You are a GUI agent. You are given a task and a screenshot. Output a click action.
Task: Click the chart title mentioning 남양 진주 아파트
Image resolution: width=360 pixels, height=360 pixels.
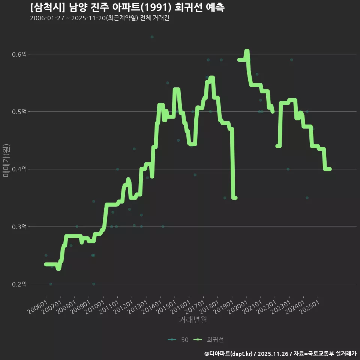click(x=127, y=7)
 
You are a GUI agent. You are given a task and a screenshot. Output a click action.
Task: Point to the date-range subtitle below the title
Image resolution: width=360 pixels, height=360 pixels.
click(x=99, y=18)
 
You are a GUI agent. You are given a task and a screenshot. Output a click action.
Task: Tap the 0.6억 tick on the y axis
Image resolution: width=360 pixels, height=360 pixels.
click(x=19, y=54)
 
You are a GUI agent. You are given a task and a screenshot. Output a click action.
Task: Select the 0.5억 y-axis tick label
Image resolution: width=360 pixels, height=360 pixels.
click(x=19, y=112)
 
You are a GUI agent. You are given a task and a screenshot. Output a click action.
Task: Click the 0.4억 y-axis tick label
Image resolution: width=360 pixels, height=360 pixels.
click(x=19, y=169)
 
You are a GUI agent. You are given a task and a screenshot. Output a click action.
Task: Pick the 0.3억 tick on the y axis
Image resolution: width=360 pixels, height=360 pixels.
click(x=19, y=227)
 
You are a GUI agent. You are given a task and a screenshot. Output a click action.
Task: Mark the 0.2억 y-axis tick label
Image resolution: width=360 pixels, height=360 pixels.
click(x=19, y=284)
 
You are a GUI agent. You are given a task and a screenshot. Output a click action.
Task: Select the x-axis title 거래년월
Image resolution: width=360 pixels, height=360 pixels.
click(x=193, y=320)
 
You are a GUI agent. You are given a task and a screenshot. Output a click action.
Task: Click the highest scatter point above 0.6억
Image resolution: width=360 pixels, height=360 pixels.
click(x=152, y=37)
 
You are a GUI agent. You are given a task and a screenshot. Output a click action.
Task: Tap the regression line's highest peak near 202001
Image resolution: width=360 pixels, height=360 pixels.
click(x=247, y=51)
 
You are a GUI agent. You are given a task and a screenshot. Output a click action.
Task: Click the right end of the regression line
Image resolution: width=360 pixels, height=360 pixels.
click(x=330, y=169)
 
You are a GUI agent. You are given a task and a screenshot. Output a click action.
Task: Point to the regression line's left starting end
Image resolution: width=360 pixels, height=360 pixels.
click(x=46, y=264)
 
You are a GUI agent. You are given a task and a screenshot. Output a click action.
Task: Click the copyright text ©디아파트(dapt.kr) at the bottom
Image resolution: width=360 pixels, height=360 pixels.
click(x=229, y=353)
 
